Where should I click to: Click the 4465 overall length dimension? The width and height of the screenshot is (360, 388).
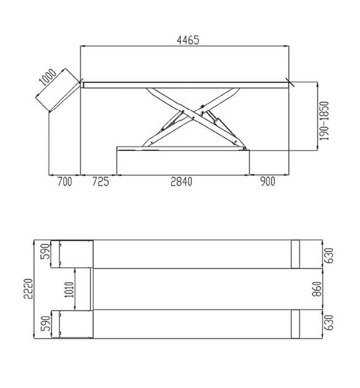coord(188,40)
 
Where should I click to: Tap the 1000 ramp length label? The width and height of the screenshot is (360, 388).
coord(48,77)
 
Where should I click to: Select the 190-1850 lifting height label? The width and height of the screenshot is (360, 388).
coord(324,121)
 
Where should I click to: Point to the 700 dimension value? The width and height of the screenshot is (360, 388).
coord(65,181)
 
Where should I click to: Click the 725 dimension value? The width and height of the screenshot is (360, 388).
coord(100,181)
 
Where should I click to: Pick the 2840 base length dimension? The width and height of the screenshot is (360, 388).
coord(181,181)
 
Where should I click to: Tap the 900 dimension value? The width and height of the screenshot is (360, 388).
coord(268,181)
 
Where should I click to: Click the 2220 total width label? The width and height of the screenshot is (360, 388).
coord(28,289)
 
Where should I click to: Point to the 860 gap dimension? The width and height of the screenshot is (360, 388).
coord(317,289)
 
